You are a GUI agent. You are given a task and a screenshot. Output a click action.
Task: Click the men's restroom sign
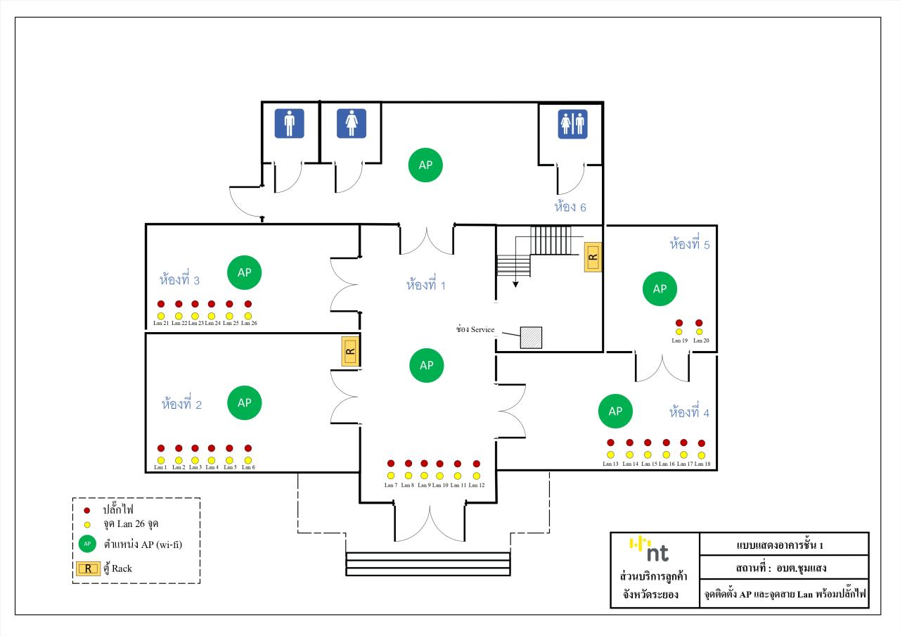pyautogui.click(x=289, y=123)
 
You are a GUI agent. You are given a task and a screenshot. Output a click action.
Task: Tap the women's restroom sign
pyautogui.click(x=352, y=123)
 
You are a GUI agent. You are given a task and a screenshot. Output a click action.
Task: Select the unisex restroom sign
pyautogui.click(x=572, y=123)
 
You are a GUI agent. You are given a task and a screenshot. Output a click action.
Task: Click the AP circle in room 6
pyautogui.click(x=426, y=165)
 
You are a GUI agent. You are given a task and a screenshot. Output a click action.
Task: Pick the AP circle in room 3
pyautogui.click(x=244, y=272)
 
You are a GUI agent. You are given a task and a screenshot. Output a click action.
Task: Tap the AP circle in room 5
pyautogui.click(x=660, y=288)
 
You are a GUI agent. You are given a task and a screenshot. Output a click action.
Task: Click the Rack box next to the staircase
pyautogui.click(x=593, y=257)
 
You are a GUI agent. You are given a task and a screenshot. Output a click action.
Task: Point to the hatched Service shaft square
pyautogui.click(x=531, y=338)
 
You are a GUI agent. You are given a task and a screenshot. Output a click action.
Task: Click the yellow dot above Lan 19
pyautogui.click(x=679, y=331)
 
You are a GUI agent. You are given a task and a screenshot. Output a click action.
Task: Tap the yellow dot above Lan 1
pyautogui.click(x=161, y=460)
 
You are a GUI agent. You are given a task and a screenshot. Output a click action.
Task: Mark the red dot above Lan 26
pyautogui.click(x=247, y=304)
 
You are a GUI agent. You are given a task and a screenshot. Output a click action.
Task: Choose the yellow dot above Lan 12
pyautogui.click(x=476, y=476)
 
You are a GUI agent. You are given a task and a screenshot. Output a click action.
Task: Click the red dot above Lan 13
pyautogui.click(x=610, y=443)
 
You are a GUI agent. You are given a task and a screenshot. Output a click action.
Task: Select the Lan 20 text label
pyautogui.click(x=701, y=341)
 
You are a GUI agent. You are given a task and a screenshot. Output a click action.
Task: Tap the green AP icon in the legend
pyautogui.click(x=87, y=543)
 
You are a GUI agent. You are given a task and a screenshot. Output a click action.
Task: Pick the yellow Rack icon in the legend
pyautogui.click(x=88, y=568)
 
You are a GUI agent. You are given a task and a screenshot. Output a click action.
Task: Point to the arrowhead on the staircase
pyautogui.click(x=515, y=285)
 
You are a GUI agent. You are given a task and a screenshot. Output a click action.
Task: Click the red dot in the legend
pyautogui.click(x=86, y=510)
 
